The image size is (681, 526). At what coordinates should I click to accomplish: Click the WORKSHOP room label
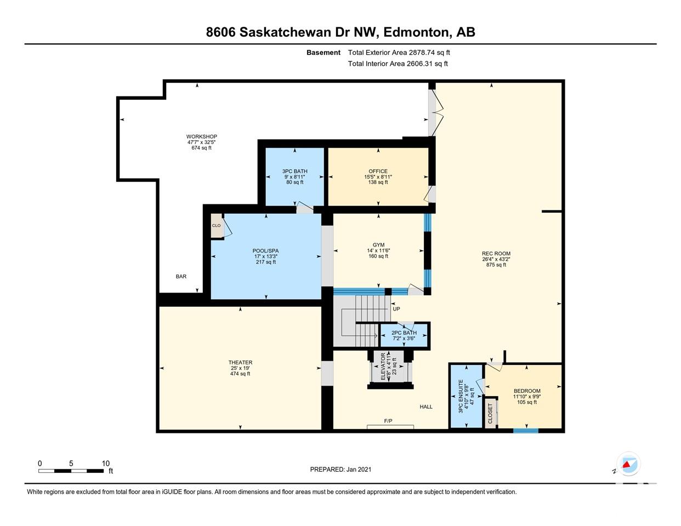point(202,136)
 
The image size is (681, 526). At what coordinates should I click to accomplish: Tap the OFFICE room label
point(378,171)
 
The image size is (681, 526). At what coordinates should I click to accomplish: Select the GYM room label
point(378,245)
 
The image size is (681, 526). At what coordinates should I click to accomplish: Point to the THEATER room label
point(240,363)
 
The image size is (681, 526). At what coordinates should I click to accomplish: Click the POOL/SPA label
point(266,251)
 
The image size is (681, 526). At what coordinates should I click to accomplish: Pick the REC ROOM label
point(496,254)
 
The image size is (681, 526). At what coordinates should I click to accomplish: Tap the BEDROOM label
point(527,391)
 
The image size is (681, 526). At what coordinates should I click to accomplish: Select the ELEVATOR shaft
point(390,367)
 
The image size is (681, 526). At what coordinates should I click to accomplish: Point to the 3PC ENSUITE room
point(466,396)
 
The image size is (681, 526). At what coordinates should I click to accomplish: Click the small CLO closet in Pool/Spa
point(217,225)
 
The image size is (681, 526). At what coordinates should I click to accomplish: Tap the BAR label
point(181,277)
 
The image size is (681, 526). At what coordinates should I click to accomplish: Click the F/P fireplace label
point(388,421)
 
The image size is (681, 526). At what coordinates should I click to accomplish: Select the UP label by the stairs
point(396,309)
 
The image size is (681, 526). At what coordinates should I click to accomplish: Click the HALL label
point(426,407)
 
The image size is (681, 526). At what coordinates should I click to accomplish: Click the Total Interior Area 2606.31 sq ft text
point(398,64)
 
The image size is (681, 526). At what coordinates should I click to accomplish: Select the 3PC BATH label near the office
point(294,171)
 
